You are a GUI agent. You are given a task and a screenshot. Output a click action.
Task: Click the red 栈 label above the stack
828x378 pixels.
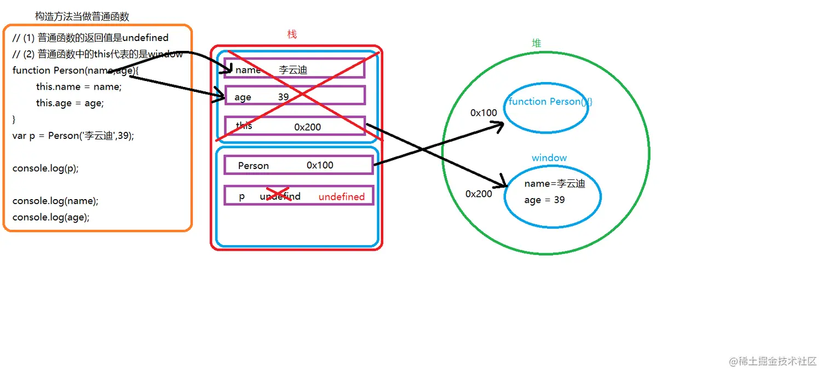(x=292, y=34)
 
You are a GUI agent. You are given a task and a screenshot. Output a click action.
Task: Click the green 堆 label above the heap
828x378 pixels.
(x=537, y=43)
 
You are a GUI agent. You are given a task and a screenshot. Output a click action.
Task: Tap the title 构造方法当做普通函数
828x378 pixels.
(x=82, y=16)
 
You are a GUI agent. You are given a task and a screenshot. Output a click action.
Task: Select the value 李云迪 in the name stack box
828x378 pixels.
(x=293, y=69)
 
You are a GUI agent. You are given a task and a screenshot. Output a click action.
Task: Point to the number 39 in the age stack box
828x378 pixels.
(x=283, y=96)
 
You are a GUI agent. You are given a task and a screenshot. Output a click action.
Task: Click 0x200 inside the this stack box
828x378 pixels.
(x=307, y=127)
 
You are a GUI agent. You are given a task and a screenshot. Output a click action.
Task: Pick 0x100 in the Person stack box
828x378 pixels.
(x=320, y=165)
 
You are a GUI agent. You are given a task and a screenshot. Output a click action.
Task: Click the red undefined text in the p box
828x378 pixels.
(x=341, y=196)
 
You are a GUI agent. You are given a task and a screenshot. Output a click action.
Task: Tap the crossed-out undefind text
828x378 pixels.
(x=280, y=196)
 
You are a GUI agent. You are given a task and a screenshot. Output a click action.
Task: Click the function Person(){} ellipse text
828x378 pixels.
(x=550, y=102)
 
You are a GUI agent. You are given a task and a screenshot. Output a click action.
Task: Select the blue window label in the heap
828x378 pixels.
(x=549, y=158)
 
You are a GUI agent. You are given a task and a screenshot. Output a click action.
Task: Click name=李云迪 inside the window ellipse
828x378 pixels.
(x=554, y=184)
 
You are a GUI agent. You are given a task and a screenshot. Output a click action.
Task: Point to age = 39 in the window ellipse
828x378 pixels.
(x=544, y=200)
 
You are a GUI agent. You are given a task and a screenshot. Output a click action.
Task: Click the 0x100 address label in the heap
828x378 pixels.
(x=484, y=113)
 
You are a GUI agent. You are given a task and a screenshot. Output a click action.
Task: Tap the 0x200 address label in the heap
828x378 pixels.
(x=479, y=194)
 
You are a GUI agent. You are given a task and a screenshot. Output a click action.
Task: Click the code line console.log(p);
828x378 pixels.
(x=45, y=168)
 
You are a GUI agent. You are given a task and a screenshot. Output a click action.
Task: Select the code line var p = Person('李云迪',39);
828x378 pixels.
(x=73, y=136)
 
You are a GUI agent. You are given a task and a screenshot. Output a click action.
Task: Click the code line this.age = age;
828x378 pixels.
(x=70, y=103)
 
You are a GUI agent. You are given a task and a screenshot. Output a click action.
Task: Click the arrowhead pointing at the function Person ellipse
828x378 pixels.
(x=499, y=127)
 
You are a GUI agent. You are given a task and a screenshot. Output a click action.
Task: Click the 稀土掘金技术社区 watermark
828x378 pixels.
(x=773, y=362)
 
